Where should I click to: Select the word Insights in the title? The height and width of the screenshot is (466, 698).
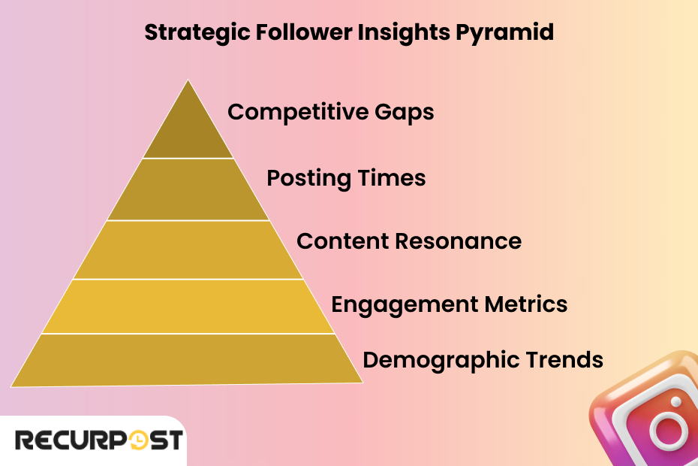[x=414, y=34]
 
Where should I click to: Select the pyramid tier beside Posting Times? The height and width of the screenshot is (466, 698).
[x=188, y=189]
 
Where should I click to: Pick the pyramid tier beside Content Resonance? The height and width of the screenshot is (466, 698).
[x=188, y=250]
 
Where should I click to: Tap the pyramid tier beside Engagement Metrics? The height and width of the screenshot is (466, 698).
[x=188, y=306]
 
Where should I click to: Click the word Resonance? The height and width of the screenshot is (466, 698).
[x=458, y=241]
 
